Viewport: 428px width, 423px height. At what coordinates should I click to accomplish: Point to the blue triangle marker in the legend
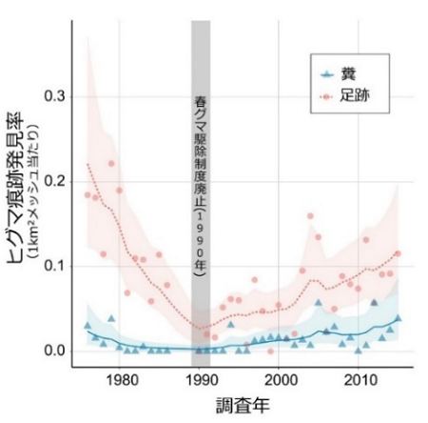pyautogui.click(x=326, y=73)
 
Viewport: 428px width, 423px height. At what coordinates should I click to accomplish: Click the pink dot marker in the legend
pyautogui.click(x=326, y=96)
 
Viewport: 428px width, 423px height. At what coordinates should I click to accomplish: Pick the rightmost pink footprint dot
pyautogui.click(x=398, y=253)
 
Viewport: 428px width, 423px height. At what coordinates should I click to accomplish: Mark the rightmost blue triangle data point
pyautogui.click(x=398, y=318)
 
